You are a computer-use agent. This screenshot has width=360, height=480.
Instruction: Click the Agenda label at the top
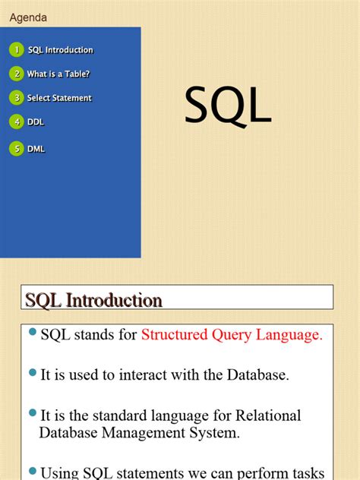pyautogui.click(x=28, y=17)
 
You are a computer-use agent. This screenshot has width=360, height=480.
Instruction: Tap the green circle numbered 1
pyautogui.click(x=16, y=50)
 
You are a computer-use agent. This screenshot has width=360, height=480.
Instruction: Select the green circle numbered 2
pyautogui.click(x=16, y=74)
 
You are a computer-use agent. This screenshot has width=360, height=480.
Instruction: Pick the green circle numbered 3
pyautogui.click(x=16, y=97)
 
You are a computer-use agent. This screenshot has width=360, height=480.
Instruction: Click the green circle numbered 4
pyautogui.click(x=16, y=122)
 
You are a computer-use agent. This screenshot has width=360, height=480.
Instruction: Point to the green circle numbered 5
pyautogui.click(x=16, y=149)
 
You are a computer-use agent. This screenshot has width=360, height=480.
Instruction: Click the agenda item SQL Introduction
pyautogui.click(x=61, y=50)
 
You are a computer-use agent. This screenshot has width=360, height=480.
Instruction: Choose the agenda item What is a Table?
pyautogui.click(x=58, y=74)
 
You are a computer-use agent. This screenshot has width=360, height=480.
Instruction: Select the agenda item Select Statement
pyautogui.click(x=59, y=98)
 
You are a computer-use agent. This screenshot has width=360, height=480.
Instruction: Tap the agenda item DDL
pyautogui.click(x=35, y=122)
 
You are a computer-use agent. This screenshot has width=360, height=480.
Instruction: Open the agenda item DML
pyautogui.click(x=36, y=149)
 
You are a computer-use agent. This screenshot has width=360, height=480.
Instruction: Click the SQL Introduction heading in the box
pyautogui.click(x=94, y=301)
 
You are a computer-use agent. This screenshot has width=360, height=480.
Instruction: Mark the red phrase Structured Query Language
pyautogui.click(x=232, y=335)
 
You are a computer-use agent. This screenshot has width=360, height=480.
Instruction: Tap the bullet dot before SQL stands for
pyautogui.click(x=32, y=332)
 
